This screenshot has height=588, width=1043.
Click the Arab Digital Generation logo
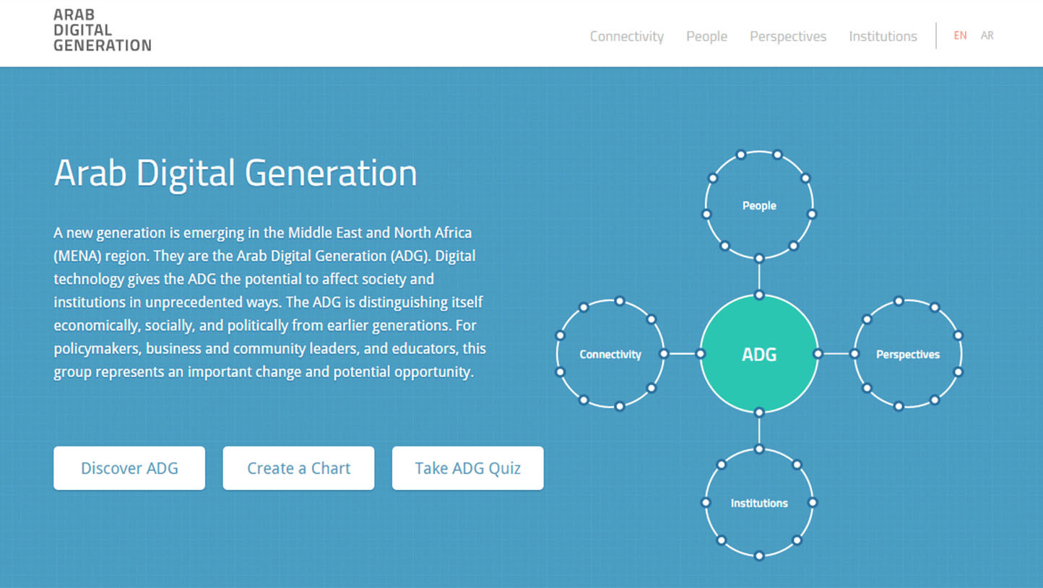point(103,30)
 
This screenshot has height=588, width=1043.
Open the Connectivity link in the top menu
point(627,36)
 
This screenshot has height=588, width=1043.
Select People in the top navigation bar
point(706,36)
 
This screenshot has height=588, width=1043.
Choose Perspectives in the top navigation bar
point(788,36)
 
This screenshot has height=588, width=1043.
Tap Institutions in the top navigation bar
point(883,36)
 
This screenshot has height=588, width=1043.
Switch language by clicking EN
point(960,35)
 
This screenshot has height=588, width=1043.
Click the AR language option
point(987,35)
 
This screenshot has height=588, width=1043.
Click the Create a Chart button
point(298,468)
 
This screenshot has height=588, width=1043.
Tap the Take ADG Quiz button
point(467,468)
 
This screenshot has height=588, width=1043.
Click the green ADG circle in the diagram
point(759,354)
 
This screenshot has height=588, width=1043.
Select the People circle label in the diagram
point(759,205)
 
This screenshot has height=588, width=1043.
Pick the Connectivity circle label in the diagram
point(610,354)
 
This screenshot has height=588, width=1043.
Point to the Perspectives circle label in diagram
point(907,354)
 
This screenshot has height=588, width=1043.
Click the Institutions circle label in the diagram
point(759,503)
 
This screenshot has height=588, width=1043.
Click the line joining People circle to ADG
point(759,277)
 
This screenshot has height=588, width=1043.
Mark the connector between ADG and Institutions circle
point(759,431)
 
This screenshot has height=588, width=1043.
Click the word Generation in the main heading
point(331,173)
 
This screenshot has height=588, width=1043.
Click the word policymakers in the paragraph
point(96,349)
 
